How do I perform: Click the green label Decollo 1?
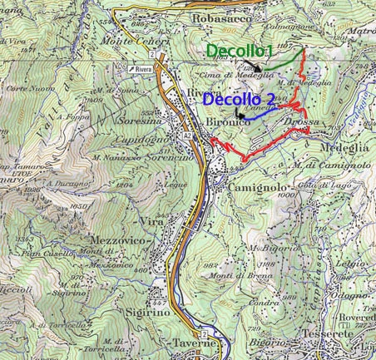240,52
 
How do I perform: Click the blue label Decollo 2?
237,100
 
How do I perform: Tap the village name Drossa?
300,122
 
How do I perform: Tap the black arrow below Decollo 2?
239,113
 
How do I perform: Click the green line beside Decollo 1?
285,61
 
